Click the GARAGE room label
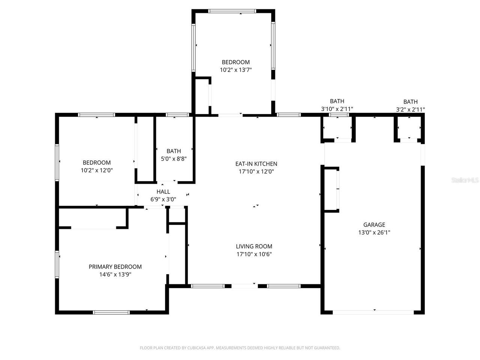374,225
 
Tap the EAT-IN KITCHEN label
256,164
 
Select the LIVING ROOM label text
254,246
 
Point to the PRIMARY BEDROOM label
115,267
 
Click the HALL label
163,192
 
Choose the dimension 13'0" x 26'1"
374,232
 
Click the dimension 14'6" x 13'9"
115,274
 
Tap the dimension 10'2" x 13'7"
235,70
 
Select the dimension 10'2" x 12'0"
97,170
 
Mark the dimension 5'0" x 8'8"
174,159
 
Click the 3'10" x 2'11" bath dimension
337,109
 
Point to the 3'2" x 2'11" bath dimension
410,109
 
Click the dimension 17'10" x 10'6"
254,254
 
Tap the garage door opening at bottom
373,312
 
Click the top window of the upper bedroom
232,11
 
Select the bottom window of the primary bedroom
111,312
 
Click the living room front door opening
244,286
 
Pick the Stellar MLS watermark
465,180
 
